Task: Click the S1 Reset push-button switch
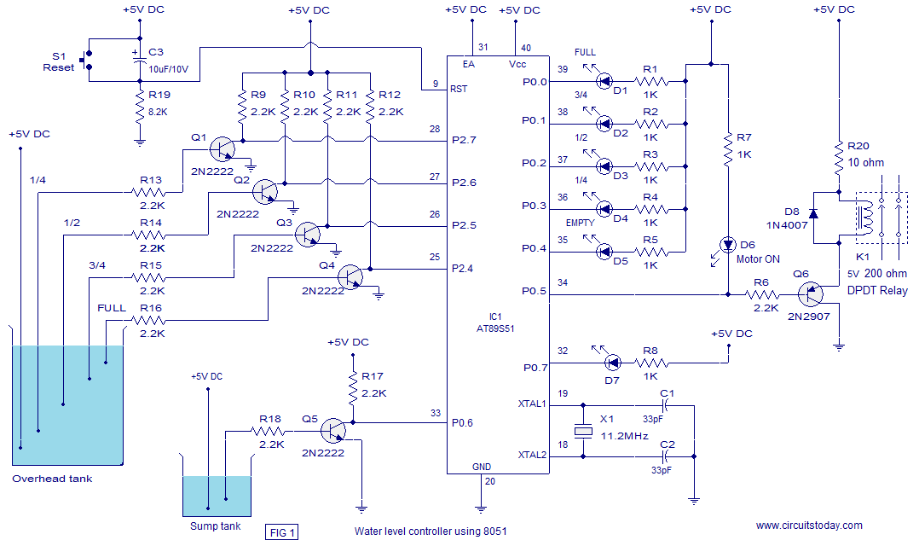(87, 61)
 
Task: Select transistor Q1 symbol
(223, 149)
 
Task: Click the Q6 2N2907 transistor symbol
(811, 293)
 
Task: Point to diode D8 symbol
(813, 213)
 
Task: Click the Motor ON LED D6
(727, 244)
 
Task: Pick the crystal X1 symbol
(583, 432)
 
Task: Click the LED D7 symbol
(612, 363)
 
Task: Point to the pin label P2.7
(464, 140)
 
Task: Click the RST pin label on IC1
(459, 89)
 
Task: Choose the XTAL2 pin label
(532, 455)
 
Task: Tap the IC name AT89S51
(495, 329)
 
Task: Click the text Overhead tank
(52, 479)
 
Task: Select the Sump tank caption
(215, 526)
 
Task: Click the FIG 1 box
(282, 532)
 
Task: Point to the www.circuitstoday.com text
(809, 526)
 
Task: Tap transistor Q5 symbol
(332, 431)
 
